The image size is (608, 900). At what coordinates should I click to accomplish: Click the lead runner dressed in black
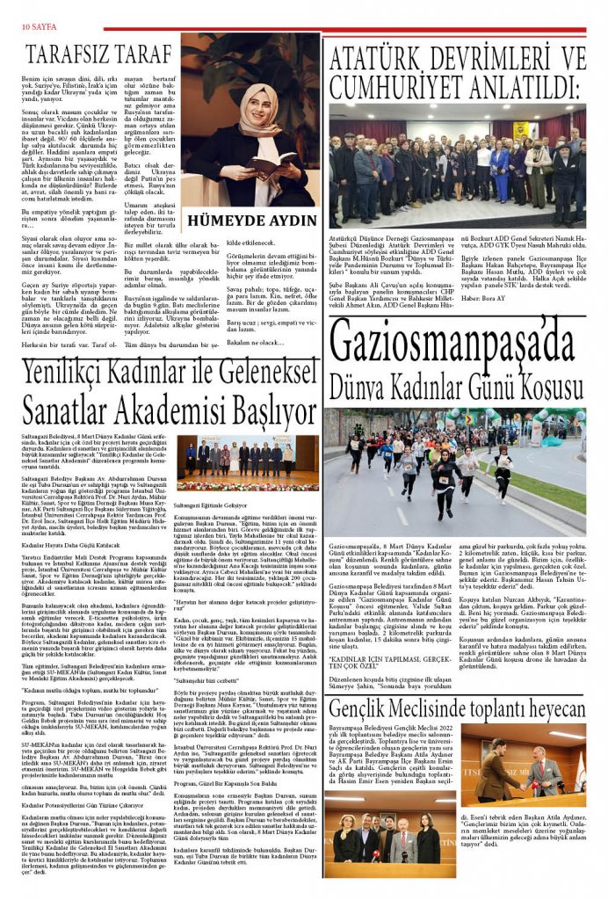(x=444, y=475)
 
